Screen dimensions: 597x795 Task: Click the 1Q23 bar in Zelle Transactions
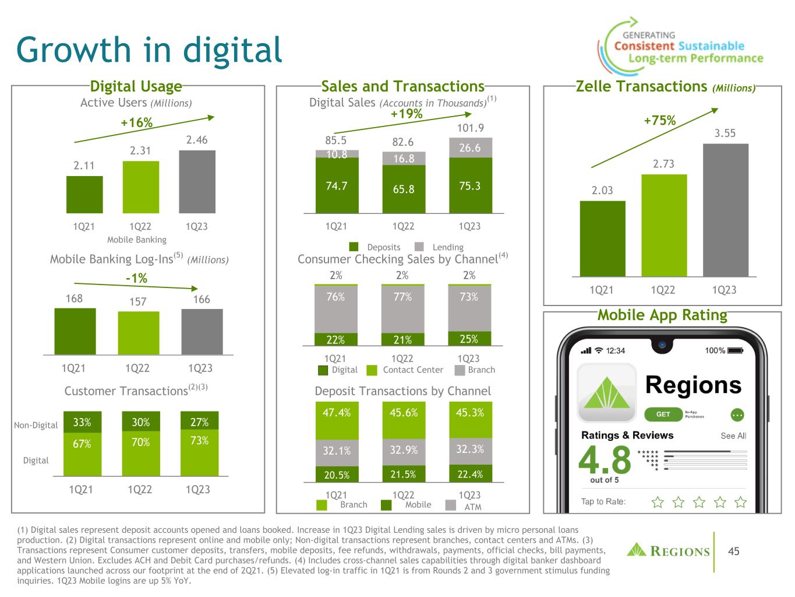tap(725, 210)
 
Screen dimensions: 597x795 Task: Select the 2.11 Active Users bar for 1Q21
tap(84, 194)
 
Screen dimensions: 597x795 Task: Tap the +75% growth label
tap(659, 121)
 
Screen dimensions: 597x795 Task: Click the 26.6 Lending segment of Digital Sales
tap(470, 148)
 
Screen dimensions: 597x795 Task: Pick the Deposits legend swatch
tap(354, 247)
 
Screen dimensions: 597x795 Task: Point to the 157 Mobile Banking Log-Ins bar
tap(138, 332)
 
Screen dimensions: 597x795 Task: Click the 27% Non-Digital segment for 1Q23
tap(199, 422)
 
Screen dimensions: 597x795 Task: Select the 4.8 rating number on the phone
tap(605, 460)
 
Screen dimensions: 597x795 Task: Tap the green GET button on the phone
tap(663, 415)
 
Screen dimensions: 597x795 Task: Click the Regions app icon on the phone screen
tap(606, 393)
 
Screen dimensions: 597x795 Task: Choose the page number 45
tap(734, 551)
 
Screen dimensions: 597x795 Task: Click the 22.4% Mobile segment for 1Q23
tap(470, 474)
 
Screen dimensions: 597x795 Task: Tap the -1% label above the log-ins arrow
tap(136, 279)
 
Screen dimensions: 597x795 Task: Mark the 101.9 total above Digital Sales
tap(470, 128)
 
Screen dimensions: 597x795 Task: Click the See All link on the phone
tap(733, 436)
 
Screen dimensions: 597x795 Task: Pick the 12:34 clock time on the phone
tap(615, 350)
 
